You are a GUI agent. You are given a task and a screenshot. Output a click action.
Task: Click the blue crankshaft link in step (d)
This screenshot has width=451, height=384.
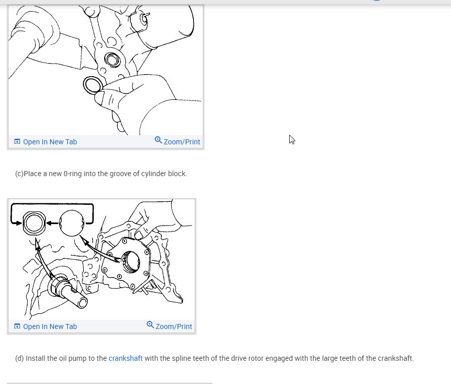(x=125, y=358)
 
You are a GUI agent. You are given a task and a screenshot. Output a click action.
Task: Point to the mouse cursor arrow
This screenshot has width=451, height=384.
(x=292, y=139)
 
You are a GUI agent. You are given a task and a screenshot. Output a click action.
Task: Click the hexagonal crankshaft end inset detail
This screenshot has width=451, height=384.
(x=34, y=223)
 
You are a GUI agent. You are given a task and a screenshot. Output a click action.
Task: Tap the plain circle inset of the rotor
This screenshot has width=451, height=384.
(x=72, y=223)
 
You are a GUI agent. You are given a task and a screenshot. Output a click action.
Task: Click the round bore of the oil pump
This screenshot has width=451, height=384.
(x=131, y=262)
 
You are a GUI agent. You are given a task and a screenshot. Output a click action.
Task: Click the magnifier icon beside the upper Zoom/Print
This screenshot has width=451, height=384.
(x=158, y=140)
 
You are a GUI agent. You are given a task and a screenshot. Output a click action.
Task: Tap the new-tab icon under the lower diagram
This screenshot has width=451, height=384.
(x=17, y=326)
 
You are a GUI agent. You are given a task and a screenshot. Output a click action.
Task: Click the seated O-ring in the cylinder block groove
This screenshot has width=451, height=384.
(x=112, y=60)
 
